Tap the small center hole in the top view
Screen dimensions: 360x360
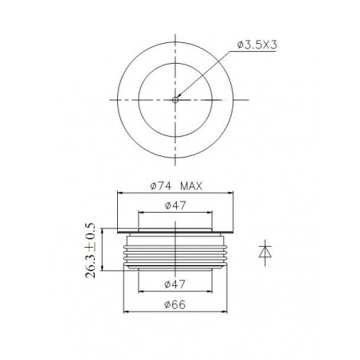coord(175,100)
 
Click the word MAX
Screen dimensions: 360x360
coord(193,186)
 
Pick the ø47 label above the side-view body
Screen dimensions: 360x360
coord(175,206)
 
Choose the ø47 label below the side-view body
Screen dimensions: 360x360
coord(175,284)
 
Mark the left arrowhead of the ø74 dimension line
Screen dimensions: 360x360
coord(120,193)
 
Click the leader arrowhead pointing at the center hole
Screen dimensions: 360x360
coord(178,97)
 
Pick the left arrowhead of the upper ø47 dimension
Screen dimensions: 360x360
coord(141,213)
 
